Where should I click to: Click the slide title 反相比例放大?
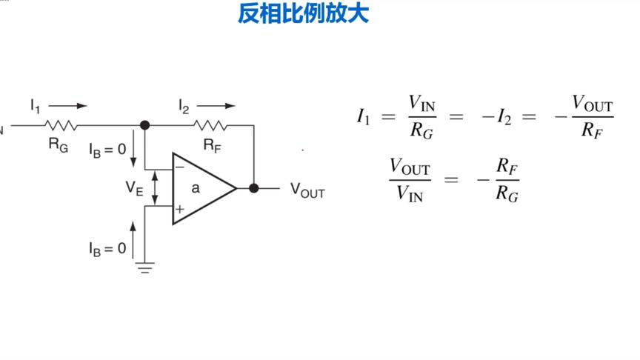302,14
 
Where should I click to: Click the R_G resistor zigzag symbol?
61,125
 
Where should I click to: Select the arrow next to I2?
216,106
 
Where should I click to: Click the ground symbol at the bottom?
144,268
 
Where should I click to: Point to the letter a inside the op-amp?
196,188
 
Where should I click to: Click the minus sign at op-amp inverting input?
179,168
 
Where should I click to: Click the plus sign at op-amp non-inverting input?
179,210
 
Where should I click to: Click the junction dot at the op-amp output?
253,188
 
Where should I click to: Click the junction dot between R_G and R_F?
144,125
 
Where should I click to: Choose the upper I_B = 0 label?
107,150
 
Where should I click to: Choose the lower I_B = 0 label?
107,248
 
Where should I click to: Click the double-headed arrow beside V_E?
154,188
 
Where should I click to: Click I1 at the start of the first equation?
363,116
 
